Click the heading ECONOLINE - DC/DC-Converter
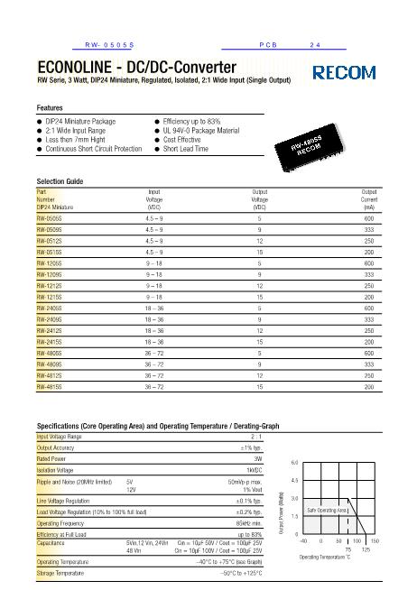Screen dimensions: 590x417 click(136, 68)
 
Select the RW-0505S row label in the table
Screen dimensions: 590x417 click(49, 217)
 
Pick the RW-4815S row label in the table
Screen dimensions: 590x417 click(49, 385)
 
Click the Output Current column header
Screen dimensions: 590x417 click(368, 198)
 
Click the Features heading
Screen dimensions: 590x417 click(50, 107)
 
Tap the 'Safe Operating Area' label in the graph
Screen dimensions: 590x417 click(328, 510)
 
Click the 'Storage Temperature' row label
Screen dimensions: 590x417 click(63, 571)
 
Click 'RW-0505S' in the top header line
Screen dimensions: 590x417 click(109, 44)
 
